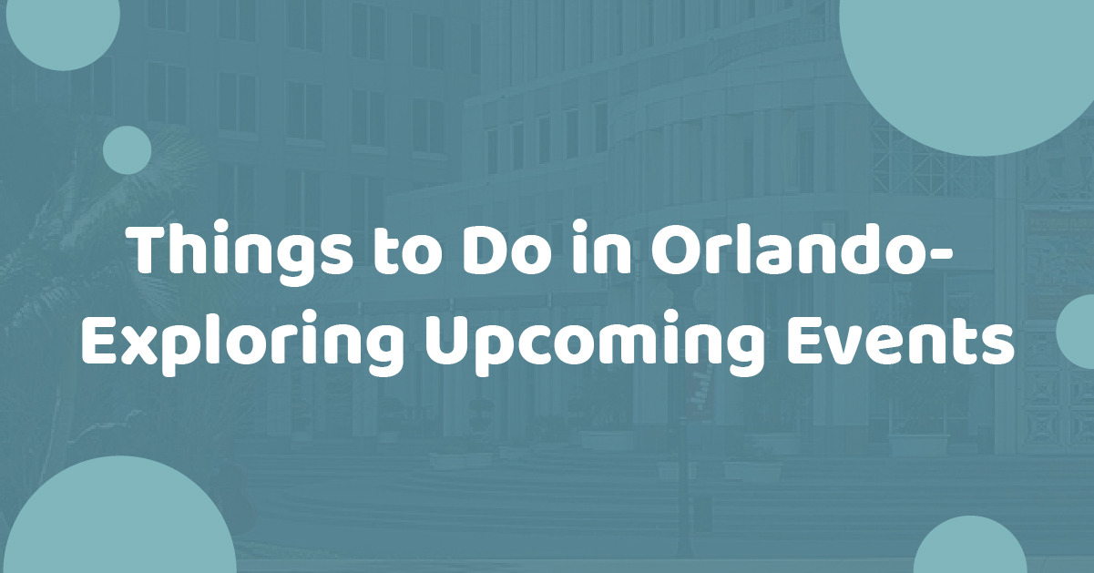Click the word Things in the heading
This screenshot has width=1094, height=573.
(240, 252)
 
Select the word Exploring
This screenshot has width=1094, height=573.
(242, 343)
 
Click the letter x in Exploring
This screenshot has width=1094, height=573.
(140, 346)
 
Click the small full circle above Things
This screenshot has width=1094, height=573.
(127, 150)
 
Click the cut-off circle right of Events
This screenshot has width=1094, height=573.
(1075, 332)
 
